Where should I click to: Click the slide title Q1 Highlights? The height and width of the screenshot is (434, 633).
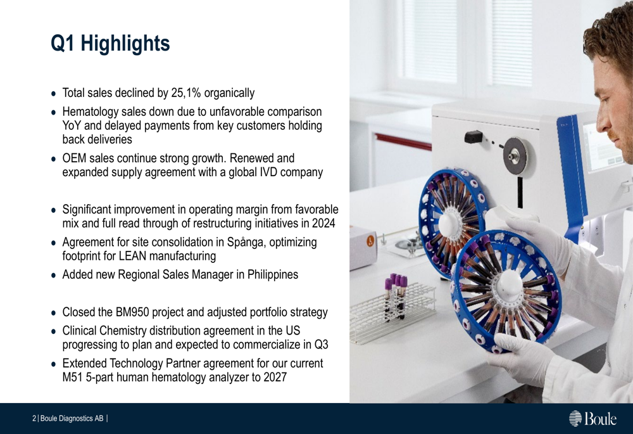[x=110, y=43]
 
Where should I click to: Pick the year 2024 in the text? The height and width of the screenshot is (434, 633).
[x=323, y=223]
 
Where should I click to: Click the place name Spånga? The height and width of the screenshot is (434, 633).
[x=246, y=243]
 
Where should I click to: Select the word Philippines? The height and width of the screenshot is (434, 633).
[x=273, y=275]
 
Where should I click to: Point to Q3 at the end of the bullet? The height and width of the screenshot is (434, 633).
[x=322, y=345]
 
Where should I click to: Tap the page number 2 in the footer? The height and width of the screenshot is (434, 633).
[x=34, y=419]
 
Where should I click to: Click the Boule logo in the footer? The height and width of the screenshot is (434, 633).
[x=592, y=418]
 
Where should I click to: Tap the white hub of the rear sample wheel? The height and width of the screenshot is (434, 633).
[x=449, y=225]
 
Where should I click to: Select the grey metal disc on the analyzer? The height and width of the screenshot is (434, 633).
[x=515, y=155]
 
